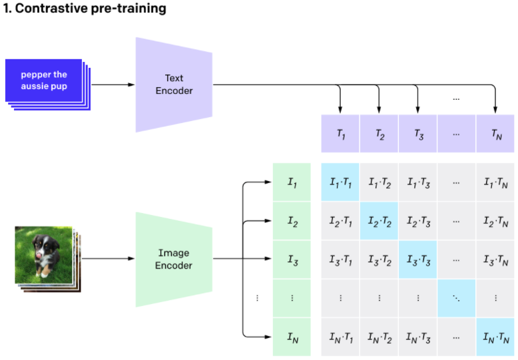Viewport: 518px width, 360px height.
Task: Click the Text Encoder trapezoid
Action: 174,85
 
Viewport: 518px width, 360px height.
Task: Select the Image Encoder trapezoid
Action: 174,259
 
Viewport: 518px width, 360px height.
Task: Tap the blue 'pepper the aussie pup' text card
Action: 44,81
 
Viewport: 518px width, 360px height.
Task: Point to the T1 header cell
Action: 340,134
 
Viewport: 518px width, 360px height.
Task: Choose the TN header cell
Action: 495,134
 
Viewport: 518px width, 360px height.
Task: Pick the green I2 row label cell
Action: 292,221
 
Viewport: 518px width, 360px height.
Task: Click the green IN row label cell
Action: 292,337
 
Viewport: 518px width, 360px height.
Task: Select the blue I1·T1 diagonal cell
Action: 340,182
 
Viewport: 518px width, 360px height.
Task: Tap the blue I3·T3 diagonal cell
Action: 417,260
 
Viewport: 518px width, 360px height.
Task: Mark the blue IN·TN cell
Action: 495,337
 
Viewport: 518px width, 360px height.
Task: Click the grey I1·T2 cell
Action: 379,182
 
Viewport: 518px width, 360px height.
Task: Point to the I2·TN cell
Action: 495,221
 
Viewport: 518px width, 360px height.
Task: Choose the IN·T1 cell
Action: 340,337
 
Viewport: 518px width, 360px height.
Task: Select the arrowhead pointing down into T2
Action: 379,108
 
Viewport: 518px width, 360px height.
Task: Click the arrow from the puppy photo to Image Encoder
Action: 107,259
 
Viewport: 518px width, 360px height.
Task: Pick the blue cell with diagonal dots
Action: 457,298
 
